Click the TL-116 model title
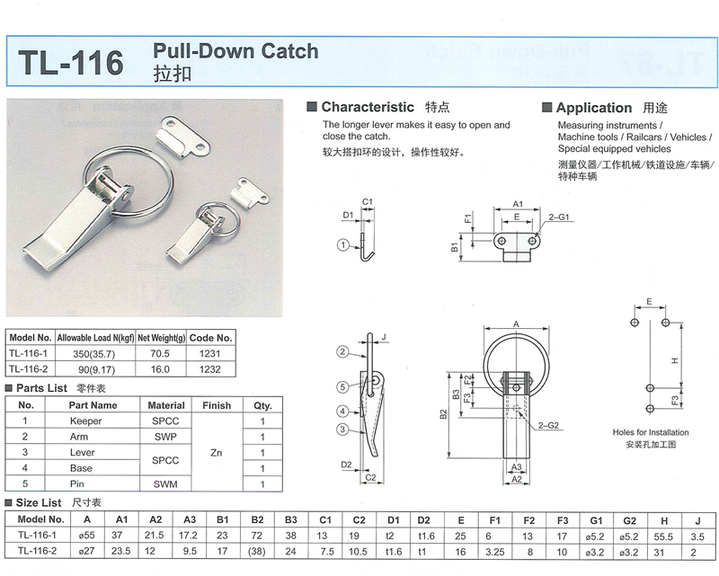(70, 62)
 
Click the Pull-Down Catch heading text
(236, 50)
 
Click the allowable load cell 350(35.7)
(96, 353)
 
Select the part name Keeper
(85, 421)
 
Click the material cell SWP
(166, 437)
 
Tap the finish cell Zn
(216, 453)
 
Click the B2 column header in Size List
(257, 518)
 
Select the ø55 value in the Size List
(87, 535)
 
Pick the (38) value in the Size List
(257, 550)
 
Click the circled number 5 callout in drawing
(342, 387)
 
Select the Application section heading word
(593, 108)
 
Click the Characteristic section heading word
(368, 107)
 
